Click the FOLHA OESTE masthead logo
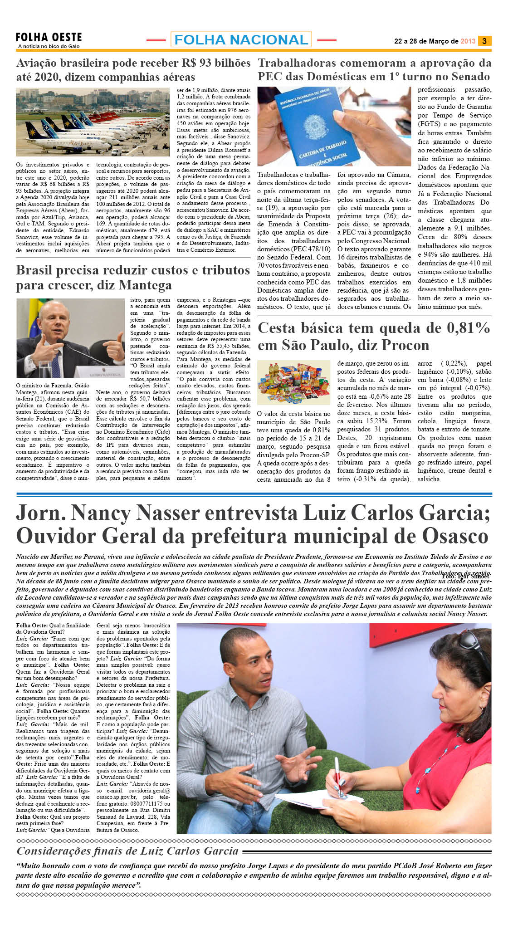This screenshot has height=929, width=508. coord(49,38)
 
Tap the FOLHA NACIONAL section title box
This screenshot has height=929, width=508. coord(241,40)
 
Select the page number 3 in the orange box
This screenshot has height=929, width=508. coord(484,41)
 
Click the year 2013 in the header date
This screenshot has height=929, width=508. coord(468,41)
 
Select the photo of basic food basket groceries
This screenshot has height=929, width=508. coord(293,382)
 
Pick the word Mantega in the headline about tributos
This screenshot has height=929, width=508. coord(145,285)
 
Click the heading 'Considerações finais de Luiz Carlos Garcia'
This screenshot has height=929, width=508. coord(127,851)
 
